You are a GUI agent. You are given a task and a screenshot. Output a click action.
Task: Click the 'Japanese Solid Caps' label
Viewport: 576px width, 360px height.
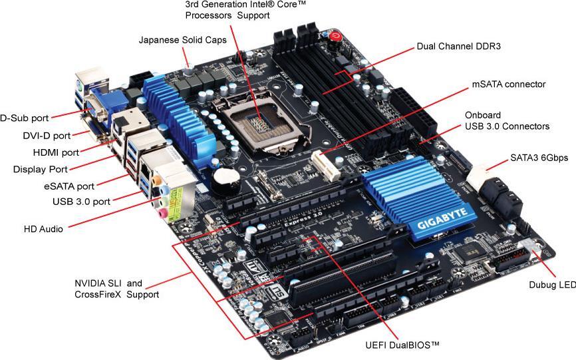pyautogui.click(x=182, y=40)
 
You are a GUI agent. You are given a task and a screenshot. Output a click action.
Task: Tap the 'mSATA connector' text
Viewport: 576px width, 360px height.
pyautogui.click(x=508, y=85)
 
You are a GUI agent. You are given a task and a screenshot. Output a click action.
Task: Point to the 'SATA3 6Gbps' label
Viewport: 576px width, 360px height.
pyautogui.click(x=538, y=158)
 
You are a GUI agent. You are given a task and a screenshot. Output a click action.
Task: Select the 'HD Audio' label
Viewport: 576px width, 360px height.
pyautogui.click(x=43, y=229)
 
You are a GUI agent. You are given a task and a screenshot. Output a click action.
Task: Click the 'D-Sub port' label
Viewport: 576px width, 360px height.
pyautogui.click(x=24, y=118)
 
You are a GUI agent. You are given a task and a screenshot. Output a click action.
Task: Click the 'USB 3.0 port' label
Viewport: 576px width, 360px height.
pyautogui.click(x=80, y=201)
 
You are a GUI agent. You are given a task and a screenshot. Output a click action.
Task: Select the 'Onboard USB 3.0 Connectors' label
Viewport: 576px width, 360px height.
pyautogui.click(x=507, y=120)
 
